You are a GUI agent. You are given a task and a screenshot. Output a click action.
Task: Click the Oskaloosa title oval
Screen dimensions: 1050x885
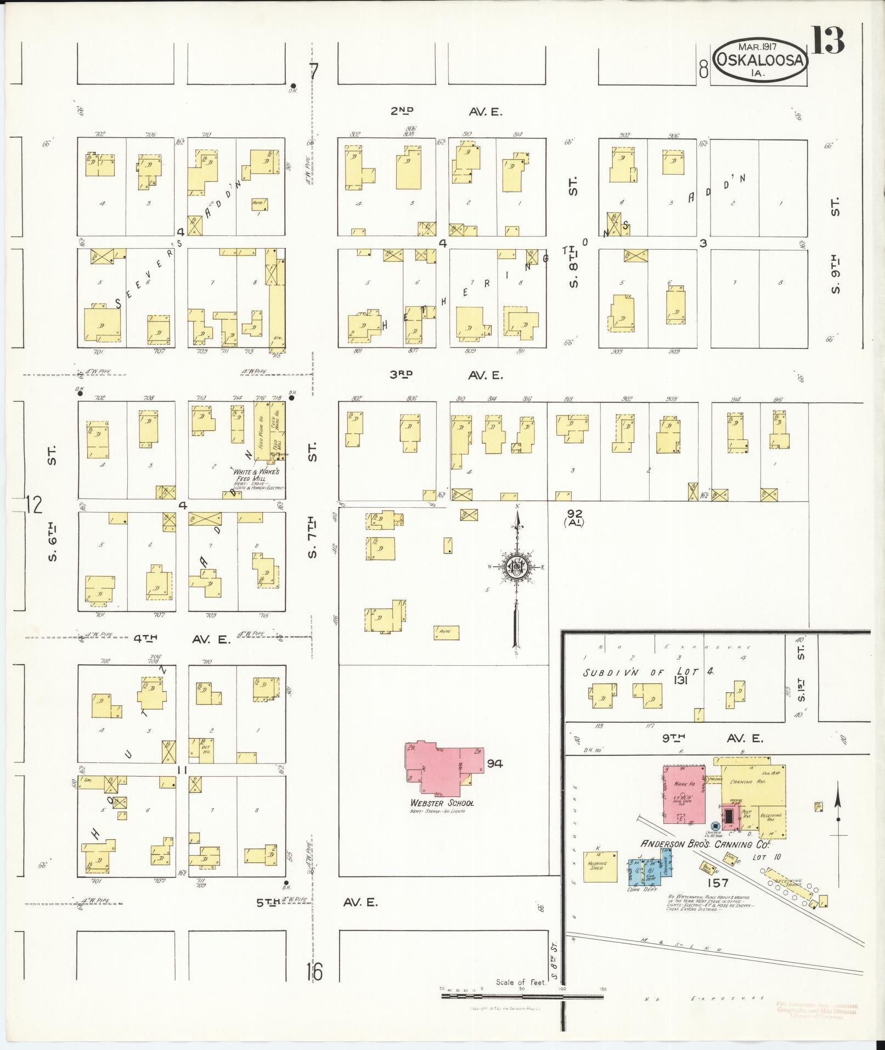[x=760, y=61]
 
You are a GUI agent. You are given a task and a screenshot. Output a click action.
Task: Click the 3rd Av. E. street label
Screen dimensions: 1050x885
[x=446, y=375]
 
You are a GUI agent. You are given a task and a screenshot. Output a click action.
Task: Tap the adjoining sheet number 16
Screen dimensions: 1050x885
[x=315, y=972]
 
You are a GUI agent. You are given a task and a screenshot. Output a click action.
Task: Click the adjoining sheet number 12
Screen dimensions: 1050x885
[x=34, y=504]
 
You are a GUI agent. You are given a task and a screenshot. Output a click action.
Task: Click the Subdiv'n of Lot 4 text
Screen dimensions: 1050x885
[x=647, y=673]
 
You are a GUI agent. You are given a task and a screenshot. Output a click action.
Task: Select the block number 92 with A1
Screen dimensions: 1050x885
[x=574, y=517]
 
